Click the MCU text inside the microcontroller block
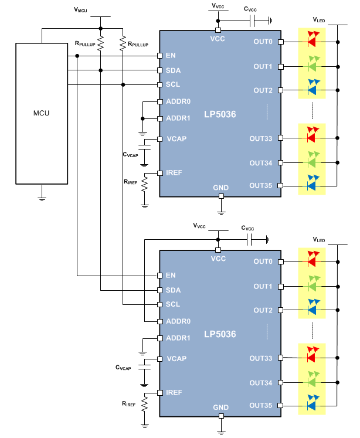point(42,113)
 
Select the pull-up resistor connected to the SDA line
point(101,43)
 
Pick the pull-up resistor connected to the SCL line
point(123,43)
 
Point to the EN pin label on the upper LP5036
point(171,56)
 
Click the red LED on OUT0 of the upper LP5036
point(311,42)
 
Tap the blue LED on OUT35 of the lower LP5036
point(311,405)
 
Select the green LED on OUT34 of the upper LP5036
point(311,162)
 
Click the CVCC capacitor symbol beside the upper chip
point(253,21)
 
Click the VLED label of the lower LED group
point(318,240)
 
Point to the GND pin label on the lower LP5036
point(220,408)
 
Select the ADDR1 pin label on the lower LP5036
point(178,338)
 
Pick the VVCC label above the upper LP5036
point(218,6)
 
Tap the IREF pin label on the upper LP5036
point(174,173)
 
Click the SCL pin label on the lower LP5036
point(173,304)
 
